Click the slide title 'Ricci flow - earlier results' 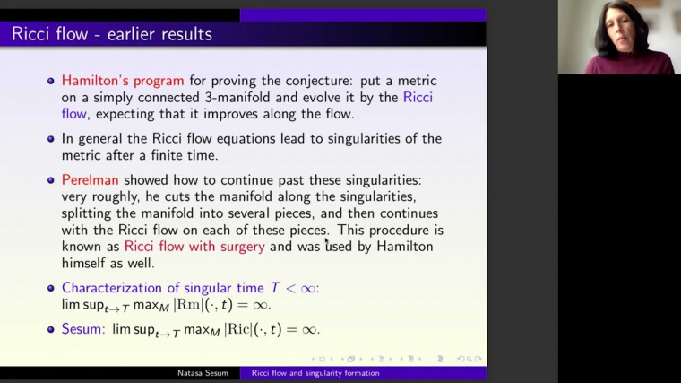coord(112,35)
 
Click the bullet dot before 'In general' coord(51,139)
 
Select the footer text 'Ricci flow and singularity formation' coord(315,372)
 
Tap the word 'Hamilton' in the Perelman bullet coord(402,247)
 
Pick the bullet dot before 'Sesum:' coord(51,330)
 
